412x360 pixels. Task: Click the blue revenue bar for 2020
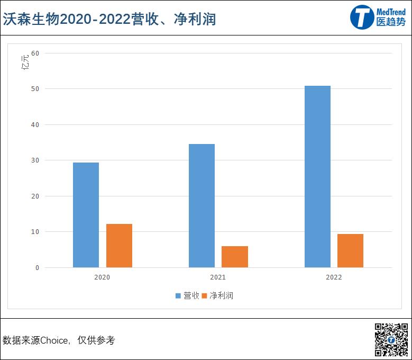tap(86, 214)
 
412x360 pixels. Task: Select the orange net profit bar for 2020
tap(119, 246)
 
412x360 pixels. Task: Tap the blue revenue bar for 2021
tap(202, 205)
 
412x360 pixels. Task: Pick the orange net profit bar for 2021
tap(235, 257)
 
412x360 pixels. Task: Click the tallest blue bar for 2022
tap(317, 176)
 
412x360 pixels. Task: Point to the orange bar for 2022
tap(350, 250)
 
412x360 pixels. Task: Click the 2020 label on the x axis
tap(103, 277)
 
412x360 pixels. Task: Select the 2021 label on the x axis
tap(218, 277)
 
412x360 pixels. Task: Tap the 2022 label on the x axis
tap(334, 277)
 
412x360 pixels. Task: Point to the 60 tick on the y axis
tap(35, 53)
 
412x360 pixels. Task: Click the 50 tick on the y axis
tap(35, 89)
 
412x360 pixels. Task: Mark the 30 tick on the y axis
tap(35, 160)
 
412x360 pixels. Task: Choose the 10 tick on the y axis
tap(35, 232)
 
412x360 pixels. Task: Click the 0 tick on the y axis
tap(37, 268)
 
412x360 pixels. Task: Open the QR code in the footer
tap(391, 339)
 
